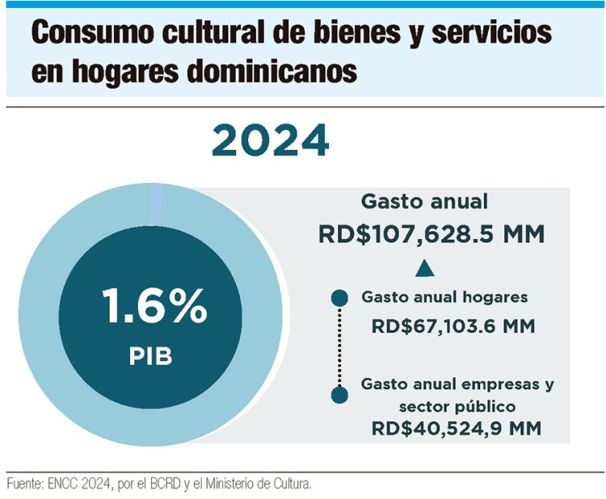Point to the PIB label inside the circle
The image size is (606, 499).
click(152, 357)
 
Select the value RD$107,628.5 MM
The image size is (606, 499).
click(431, 235)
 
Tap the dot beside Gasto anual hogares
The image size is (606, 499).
click(340, 298)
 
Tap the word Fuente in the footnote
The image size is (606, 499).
click(26, 484)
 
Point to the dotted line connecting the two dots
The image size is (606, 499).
click(340, 346)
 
